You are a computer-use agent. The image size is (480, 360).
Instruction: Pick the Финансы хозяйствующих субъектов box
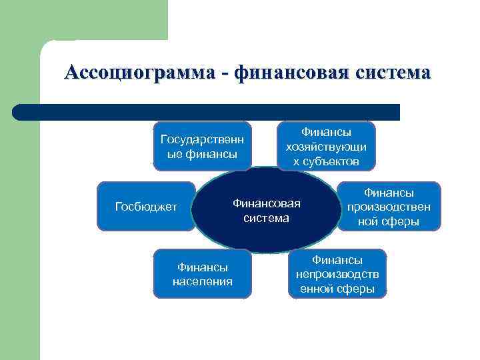(x=327, y=146)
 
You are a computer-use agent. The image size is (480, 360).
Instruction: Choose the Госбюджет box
(x=147, y=206)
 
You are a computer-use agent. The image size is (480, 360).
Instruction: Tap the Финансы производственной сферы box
(x=389, y=206)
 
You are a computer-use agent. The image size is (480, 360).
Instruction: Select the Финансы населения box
(x=203, y=273)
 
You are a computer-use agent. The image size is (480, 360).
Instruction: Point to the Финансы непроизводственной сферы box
(x=337, y=273)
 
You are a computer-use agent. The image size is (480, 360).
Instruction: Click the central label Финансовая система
(x=267, y=210)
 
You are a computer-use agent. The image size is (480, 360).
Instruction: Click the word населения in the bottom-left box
(x=203, y=281)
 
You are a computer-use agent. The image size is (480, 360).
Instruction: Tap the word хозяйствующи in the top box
(x=327, y=147)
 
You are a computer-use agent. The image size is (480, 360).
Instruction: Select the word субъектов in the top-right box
(x=331, y=161)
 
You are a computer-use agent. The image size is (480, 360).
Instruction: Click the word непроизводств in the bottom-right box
(x=337, y=274)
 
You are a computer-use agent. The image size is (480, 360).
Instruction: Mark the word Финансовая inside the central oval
(x=267, y=203)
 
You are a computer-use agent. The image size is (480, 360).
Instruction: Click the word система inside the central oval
(x=267, y=218)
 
